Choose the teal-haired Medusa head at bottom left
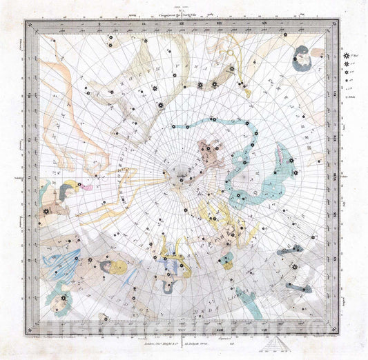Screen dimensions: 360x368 pos(58,301)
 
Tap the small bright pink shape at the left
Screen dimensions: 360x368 pos(86,186)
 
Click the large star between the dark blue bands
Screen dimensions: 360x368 pos(295,267)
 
